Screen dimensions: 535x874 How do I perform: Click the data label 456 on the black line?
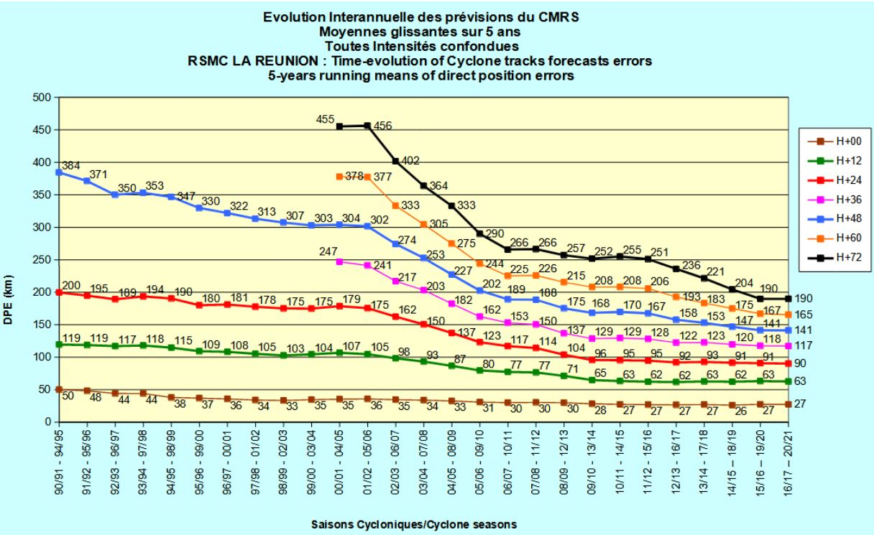pos(382,126)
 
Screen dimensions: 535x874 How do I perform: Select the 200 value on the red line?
pos(71,286)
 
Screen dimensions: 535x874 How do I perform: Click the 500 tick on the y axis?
pos(40,97)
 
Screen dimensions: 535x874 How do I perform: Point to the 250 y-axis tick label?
pos(40,260)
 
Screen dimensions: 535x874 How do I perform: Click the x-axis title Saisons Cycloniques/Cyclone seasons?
pos(413,524)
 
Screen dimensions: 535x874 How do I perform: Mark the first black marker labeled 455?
pos(339,126)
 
